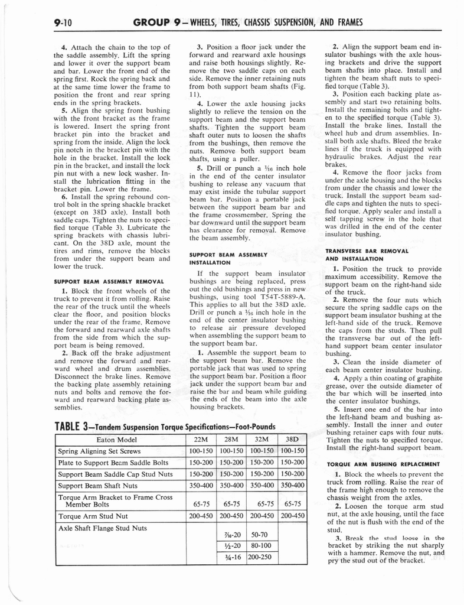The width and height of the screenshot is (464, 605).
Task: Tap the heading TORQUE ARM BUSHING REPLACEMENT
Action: click(x=383, y=464)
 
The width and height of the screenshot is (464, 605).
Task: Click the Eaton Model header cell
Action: click(x=120, y=440)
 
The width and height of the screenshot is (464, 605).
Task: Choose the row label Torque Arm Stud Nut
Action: click(x=91, y=516)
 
